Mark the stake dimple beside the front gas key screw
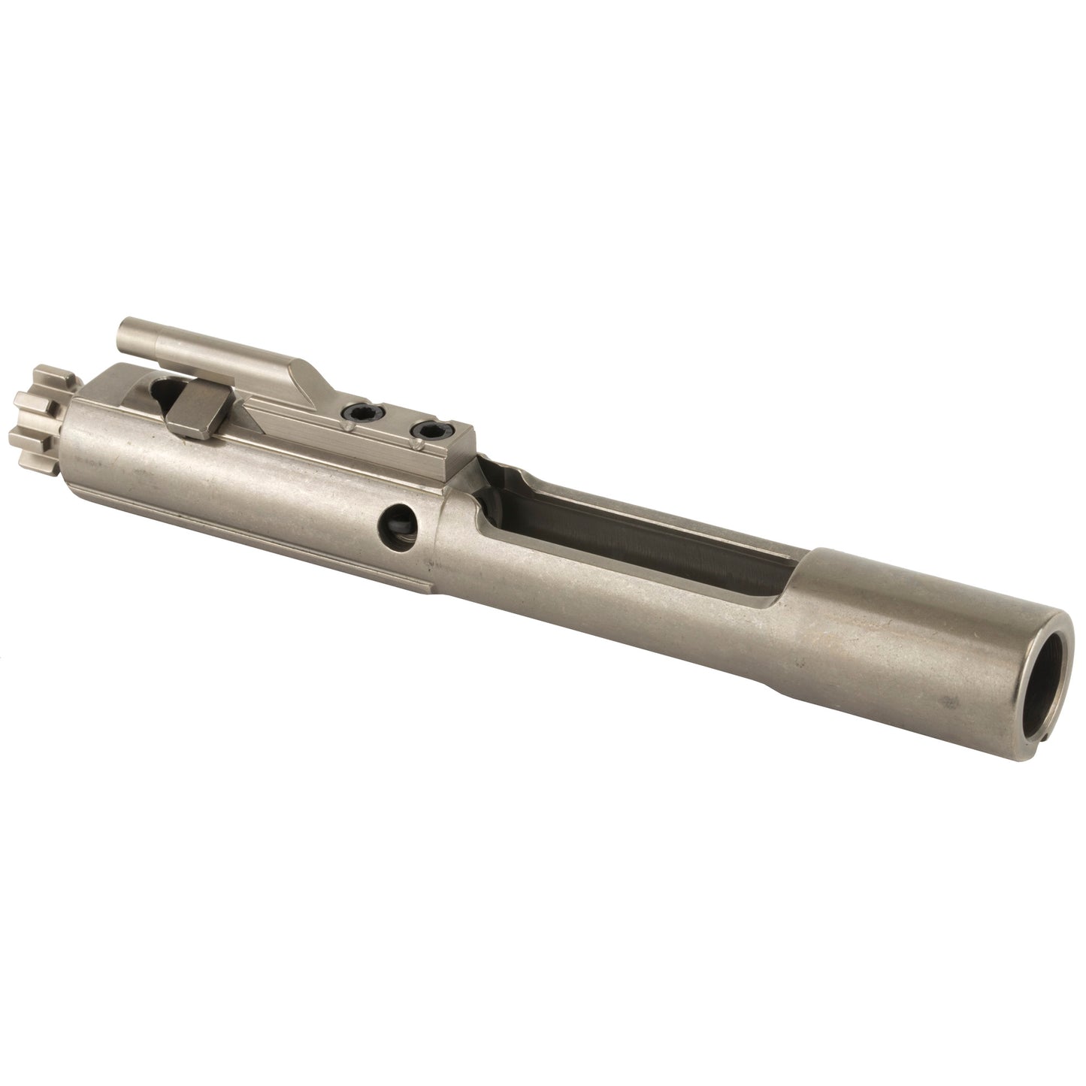pyautogui.click(x=350, y=426)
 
